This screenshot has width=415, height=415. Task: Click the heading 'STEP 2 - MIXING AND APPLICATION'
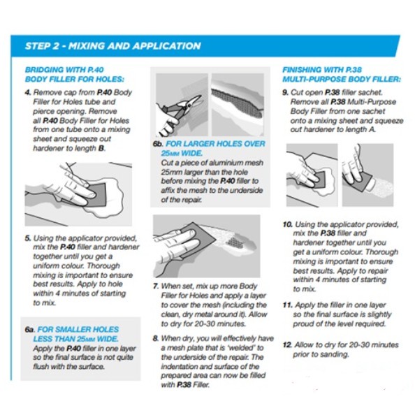(112, 46)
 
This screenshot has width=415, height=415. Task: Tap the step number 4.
(28, 93)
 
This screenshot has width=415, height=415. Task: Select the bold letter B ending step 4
(101, 148)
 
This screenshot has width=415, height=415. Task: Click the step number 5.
(28, 238)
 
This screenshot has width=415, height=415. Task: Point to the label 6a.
(29, 330)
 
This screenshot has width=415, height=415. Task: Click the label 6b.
(158, 144)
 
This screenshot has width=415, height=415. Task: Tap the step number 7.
(156, 286)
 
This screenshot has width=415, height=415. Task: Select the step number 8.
(156, 339)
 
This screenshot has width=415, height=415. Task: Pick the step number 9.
(285, 93)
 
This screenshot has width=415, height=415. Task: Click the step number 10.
(287, 225)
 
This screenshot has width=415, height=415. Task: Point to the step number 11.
(287, 305)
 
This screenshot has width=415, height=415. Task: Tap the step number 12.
(287, 345)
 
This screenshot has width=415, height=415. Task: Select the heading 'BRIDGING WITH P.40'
(64, 70)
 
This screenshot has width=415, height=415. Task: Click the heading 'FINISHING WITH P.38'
(322, 70)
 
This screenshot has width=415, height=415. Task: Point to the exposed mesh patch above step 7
(235, 242)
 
